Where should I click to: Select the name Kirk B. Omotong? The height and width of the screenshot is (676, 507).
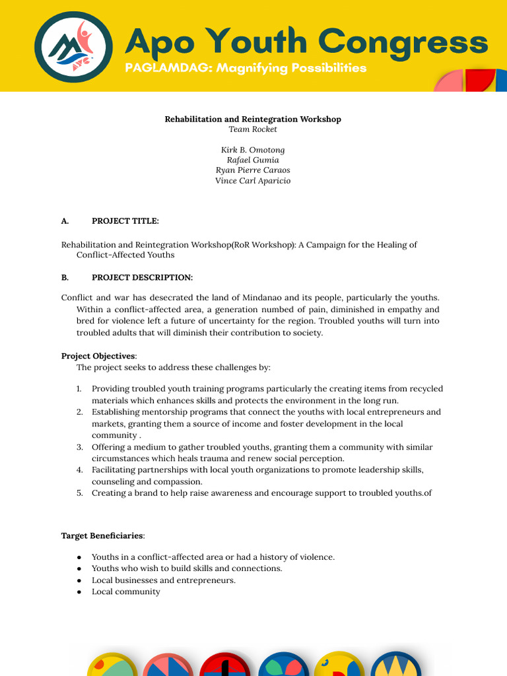pos(253,150)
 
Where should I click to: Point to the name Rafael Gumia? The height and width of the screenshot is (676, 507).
pos(253,160)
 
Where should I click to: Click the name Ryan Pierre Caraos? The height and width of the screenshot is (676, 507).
pos(253,170)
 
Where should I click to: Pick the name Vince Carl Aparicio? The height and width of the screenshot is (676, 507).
pos(253,180)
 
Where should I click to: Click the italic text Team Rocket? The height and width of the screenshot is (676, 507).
pos(253,129)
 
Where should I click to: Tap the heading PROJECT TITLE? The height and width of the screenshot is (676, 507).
pos(125,220)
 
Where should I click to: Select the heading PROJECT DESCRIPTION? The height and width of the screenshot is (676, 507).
pos(142,277)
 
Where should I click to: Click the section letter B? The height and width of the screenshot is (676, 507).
pos(65,277)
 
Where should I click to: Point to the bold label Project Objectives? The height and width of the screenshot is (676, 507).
pos(98,356)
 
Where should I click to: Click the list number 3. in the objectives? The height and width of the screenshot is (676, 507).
pos(79,447)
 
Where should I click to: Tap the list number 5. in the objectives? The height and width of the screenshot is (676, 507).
pos(79,493)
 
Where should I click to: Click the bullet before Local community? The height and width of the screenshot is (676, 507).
pos(79,592)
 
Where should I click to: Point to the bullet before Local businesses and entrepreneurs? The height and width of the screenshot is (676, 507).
pos(79,580)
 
